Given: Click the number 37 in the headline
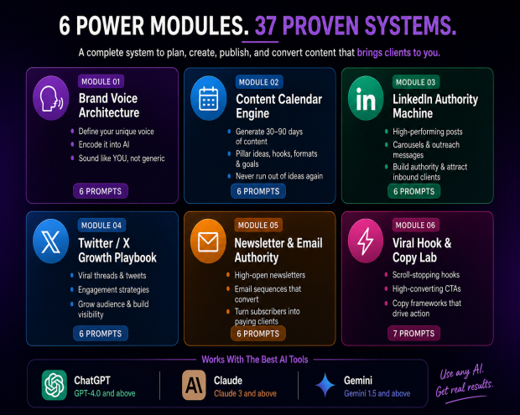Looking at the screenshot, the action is [266, 25].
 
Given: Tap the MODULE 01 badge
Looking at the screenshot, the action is [101, 81].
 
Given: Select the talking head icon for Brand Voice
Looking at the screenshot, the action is [50, 98].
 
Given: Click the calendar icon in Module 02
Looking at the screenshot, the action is [209, 98].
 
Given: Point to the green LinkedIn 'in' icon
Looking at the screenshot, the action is [366, 98].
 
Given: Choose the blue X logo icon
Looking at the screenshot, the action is [50, 241].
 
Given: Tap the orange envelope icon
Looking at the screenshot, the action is [208, 241].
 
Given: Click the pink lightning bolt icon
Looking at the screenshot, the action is [366, 241].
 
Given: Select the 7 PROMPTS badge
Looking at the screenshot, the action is [413, 334].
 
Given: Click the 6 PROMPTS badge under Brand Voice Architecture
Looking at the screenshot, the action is [101, 191].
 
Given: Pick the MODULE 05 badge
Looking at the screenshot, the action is [258, 225].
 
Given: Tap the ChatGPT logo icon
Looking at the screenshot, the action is [55, 385].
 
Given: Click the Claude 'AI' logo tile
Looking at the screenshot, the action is [194, 385].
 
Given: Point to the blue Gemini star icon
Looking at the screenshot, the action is [325, 385].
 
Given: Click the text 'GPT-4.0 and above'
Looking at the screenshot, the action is [105, 393].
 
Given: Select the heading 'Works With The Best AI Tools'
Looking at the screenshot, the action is [255, 360].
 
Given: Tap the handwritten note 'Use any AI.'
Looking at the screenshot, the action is [461, 371].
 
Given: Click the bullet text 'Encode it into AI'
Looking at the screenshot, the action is [104, 144].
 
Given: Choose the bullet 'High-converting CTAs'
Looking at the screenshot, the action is [426, 288].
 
